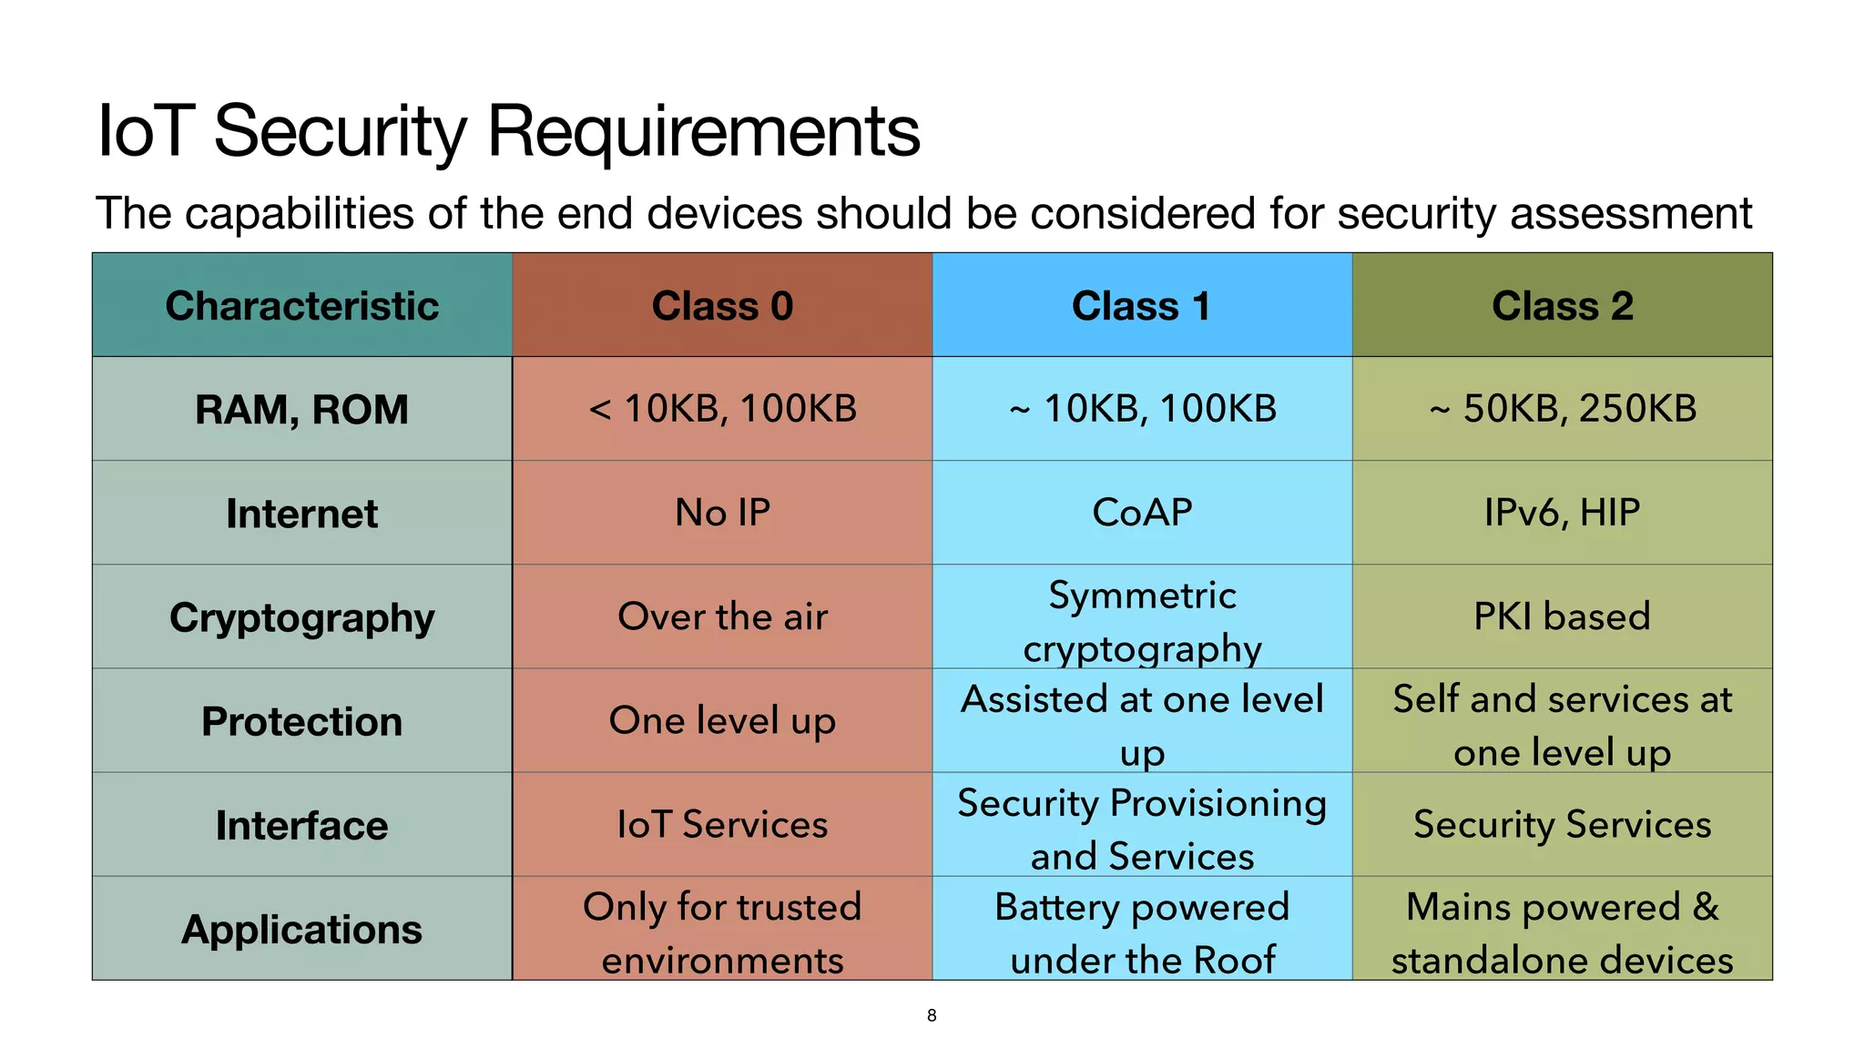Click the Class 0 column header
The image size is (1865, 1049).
pyautogui.click(x=722, y=306)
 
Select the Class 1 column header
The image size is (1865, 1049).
pyautogui.click(x=1142, y=306)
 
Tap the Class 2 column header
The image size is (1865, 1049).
pyautogui.click(x=1562, y=306)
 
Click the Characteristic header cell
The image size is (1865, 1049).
pyautogui.click(x=301, y=306)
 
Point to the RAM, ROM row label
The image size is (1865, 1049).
pyautogui.click(x=301, y=409)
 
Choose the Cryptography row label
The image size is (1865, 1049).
pyautogui.click(x=301, y=617)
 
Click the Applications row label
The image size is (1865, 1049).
pyautogui.click(x=301, y=929)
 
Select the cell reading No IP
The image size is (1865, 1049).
pyautogui.click(x=722, y=513)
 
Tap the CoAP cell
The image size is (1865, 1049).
pyautogui.click(x=1142, y=513)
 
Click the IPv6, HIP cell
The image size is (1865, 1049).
pyautogui.click(x=1562, y=513)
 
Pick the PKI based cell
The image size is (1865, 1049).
pyautogui.click(x=1562, y=616)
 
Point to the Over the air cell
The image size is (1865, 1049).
pyautogui.click(x=722, y=616)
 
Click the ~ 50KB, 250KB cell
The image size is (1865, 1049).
pyautogui.click(x=1562, y=409)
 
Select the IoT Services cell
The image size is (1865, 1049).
pyautogui.click(x=722, y=824)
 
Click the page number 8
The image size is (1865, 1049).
pyautogui.click(x=932, y=1015)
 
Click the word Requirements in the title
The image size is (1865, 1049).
pyautogui.click(x=703, y=131)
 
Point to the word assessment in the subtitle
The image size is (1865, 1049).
pyautogui.click(x=1630, y=214)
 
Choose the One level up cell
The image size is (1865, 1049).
pyautogui.click(x=722, y=720)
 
